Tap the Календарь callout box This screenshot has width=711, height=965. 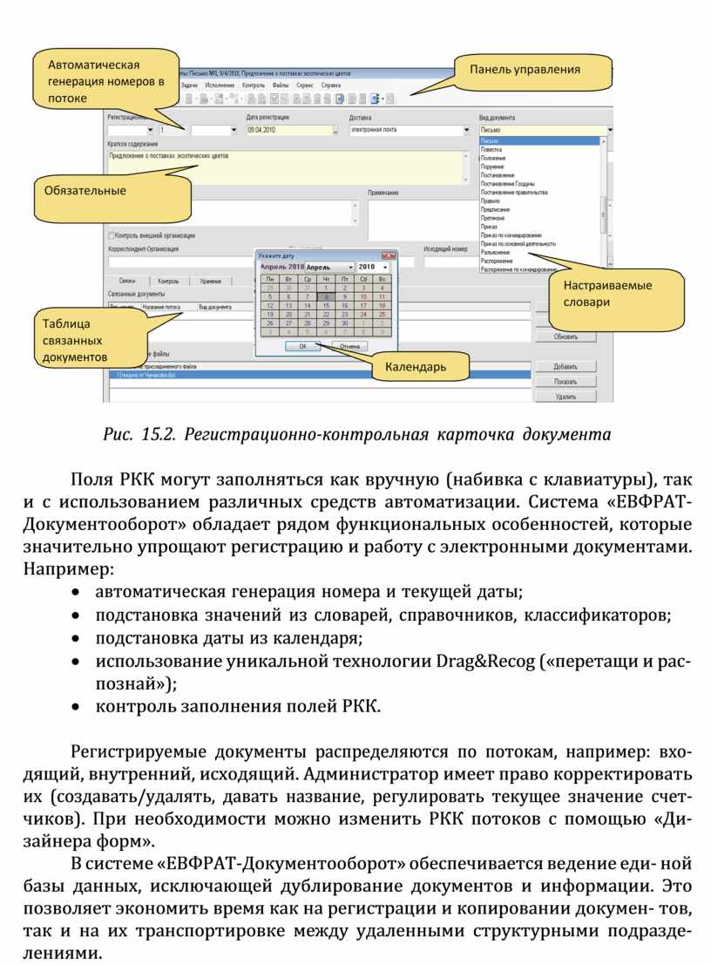(x=416, y=367)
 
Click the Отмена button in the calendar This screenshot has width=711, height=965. (x=350, y=346)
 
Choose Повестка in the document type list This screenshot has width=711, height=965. (x=491, y=149)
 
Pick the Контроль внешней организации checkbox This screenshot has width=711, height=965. (x=111, y=234)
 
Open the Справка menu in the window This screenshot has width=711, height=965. (x=331, y=86)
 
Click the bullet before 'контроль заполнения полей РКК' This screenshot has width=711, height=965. (x=79, y=707)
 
